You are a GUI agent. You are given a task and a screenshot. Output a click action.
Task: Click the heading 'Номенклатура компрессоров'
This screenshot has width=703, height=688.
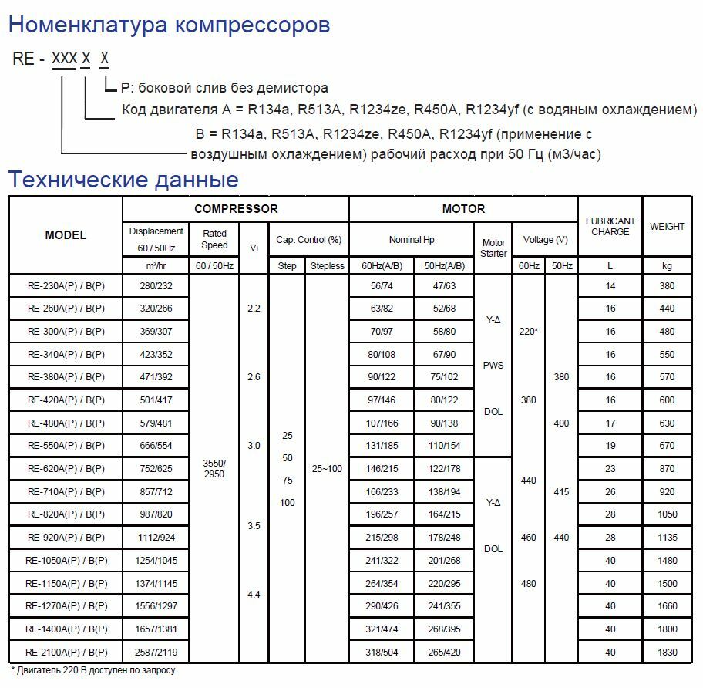(169, 25)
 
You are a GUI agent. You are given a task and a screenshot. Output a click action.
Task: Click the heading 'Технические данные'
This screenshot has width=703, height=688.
(123, 180)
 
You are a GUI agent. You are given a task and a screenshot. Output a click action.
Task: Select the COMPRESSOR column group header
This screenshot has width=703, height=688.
(236, 209)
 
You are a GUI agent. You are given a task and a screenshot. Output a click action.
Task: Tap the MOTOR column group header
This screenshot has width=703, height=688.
(463, 209)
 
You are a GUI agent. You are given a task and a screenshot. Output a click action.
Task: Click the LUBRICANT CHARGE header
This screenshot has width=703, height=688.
(610, 227)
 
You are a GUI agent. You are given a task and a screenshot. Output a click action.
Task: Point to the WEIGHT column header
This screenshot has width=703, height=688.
(667, 227)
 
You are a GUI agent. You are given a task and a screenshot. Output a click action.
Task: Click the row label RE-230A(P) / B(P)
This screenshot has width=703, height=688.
(66, 285)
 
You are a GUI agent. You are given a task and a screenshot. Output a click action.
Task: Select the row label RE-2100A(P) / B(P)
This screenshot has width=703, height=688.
(66, 652)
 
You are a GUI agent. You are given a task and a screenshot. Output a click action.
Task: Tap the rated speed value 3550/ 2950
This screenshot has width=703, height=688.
(214, 468)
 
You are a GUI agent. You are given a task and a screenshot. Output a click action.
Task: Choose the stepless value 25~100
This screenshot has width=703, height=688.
(327, 469)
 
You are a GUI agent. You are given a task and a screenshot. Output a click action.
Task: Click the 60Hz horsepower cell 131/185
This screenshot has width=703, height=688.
(381, 446)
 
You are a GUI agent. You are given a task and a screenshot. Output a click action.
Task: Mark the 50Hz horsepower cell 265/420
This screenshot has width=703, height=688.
(445, 652)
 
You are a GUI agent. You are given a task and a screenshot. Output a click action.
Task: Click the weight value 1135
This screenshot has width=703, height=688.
(667, 538)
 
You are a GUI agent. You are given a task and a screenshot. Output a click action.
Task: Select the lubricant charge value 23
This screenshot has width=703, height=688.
(610, 469)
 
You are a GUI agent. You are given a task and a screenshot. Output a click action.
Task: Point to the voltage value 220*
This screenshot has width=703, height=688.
(528, 332)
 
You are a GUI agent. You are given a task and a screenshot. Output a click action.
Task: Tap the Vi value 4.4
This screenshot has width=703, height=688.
(254, 595)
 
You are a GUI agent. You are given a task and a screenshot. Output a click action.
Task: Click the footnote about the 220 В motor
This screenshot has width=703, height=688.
(93, 670)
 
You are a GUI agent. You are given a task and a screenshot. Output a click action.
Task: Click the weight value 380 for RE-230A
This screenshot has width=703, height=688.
(667, 285)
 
